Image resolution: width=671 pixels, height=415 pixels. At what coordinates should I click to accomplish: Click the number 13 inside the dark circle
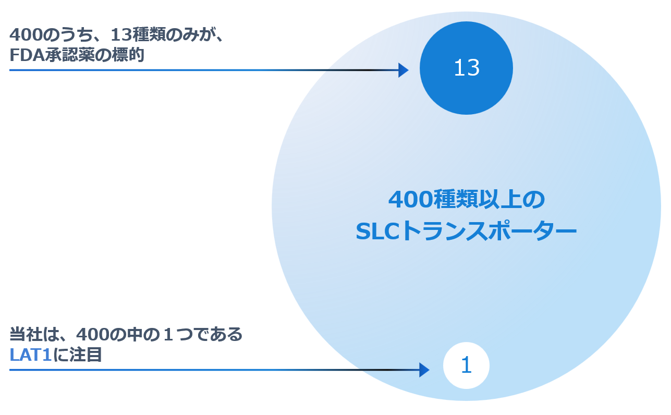click(466, 68)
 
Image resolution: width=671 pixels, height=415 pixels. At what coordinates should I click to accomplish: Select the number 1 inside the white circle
click(466, 365)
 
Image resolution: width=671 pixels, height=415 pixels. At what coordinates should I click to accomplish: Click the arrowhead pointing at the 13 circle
click(404, 70)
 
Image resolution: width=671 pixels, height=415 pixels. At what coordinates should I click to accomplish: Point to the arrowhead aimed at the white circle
click(424, 370)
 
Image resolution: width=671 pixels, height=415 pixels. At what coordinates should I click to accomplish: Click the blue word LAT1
click(31, 355)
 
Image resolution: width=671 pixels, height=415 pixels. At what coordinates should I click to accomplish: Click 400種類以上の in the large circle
click(466, 200)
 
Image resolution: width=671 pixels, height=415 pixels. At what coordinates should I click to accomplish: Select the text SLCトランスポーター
click(466, 231)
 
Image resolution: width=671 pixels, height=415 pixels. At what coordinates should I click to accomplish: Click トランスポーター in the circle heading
click(488, 231)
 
